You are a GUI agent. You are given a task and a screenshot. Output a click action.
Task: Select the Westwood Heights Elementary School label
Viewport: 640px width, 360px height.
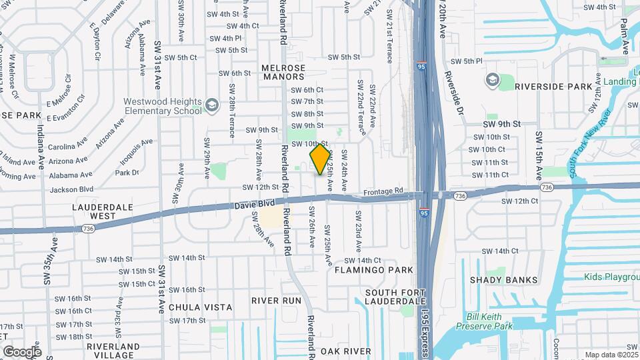tap(162, 106)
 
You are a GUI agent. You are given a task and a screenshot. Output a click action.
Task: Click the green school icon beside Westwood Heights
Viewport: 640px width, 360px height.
tap(211, 105)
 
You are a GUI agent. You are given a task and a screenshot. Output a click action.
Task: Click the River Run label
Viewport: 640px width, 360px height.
tap(277, 301)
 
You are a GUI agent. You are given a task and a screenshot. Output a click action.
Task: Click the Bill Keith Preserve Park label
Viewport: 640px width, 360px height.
tap(485, 321)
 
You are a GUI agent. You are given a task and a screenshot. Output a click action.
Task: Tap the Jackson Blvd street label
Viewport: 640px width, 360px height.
tap(70, 189)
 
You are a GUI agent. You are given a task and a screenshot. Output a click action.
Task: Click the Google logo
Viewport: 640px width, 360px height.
tap(22, 351)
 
